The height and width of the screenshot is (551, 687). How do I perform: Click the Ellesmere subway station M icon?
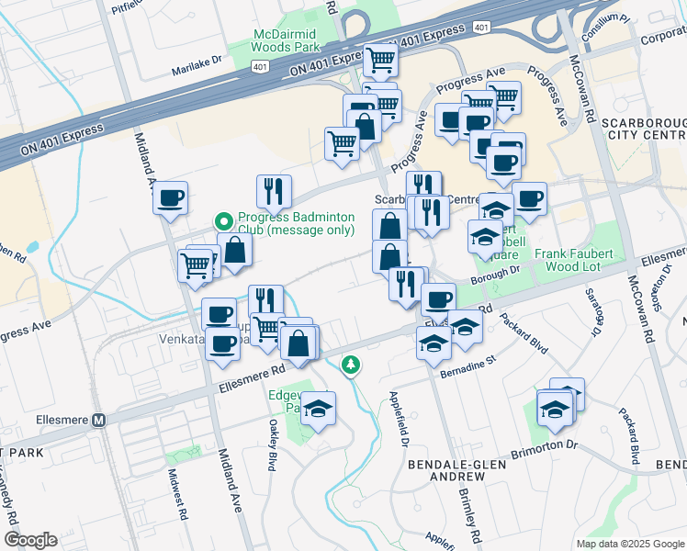99,420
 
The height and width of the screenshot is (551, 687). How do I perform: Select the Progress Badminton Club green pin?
223,221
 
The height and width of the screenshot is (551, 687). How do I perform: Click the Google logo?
29,540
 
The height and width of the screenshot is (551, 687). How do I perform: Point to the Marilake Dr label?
197,61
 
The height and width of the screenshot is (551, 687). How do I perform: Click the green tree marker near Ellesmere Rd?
350,365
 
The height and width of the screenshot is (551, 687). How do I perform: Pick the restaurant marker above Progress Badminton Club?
274,190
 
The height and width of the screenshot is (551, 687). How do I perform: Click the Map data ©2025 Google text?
629,543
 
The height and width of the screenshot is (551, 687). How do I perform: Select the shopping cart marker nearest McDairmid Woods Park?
379,62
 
